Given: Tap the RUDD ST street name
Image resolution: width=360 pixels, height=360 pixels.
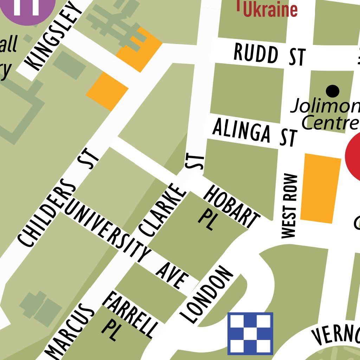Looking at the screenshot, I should (269, 55).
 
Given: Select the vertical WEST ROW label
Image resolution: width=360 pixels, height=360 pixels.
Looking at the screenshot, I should (289, 206).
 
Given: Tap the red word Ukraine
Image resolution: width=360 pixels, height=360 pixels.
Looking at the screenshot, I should (270, 9).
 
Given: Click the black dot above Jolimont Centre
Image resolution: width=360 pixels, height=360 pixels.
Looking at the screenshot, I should (333, 91).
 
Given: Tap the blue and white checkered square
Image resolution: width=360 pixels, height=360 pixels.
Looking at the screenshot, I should (250, 333).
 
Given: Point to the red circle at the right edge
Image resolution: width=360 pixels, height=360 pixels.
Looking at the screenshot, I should (353, 155).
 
